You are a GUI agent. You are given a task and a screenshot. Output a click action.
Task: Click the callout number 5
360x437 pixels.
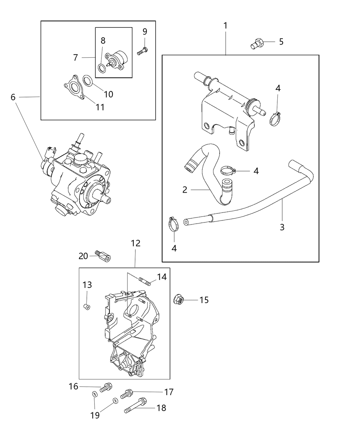pos(281,42)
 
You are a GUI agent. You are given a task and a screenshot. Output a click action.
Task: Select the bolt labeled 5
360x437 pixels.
pos(257,44)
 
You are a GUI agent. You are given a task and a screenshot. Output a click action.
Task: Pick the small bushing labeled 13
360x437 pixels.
pos(87,306)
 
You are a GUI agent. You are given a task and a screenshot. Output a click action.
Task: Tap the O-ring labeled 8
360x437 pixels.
pos(101,68)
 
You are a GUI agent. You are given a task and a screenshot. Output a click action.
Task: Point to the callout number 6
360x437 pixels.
pos(13,97)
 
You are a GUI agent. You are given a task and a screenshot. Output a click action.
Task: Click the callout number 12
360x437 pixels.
pos(135,243)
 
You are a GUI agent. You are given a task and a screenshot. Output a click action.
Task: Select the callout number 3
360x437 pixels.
pos(282,227)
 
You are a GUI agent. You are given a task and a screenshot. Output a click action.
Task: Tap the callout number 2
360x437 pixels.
pos(185,190)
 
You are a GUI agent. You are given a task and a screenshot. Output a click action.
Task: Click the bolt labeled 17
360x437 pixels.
pos(127,393)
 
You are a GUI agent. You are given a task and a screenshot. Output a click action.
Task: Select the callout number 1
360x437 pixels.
pos(225,26)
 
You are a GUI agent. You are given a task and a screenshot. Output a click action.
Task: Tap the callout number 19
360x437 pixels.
pos(95,415)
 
